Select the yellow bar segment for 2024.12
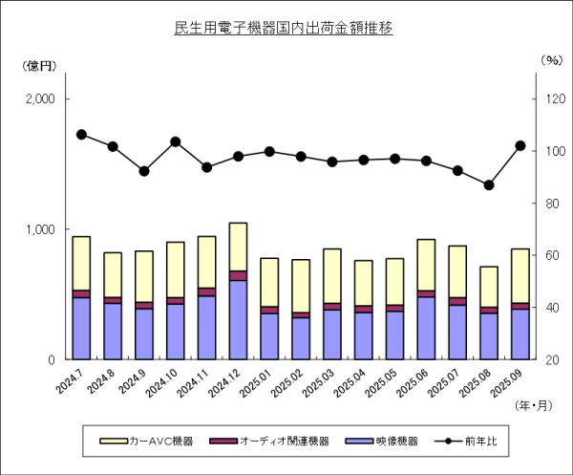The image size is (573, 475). [x=238, y=247]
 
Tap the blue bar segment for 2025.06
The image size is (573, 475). [x=426, y=328]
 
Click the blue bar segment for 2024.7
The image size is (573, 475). [x=81, y=328]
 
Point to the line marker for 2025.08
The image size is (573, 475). [x=489, y=184]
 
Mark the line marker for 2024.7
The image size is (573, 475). [x=81, y=134]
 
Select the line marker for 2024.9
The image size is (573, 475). [x=144, y=171]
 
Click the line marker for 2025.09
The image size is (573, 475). [x=520, y=145]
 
